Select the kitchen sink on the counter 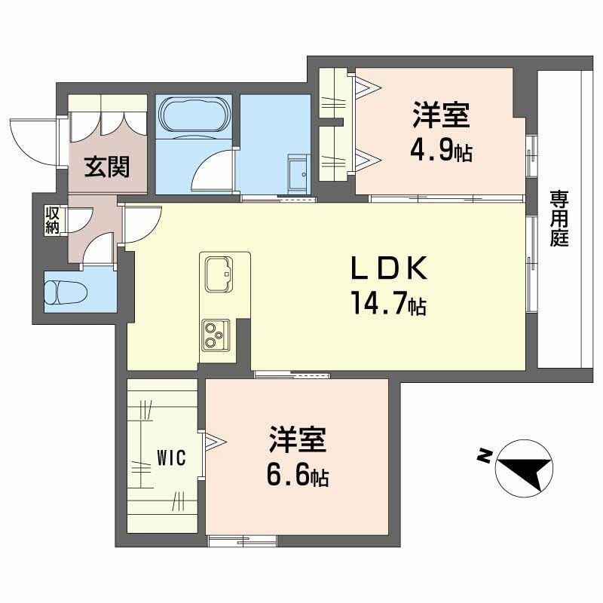218,272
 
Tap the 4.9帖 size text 440,151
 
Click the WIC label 167,458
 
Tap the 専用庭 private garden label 559,219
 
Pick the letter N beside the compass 483,455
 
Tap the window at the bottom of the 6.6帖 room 242,539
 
